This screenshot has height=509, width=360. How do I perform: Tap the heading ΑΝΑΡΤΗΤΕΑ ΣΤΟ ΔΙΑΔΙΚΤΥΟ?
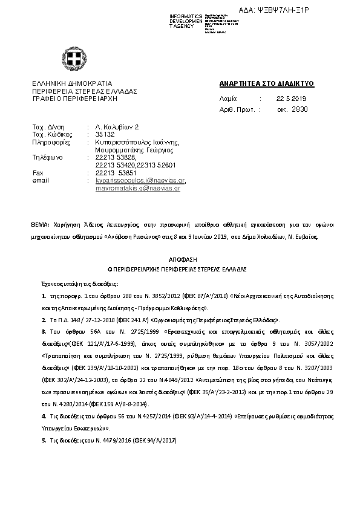click(x=266, y=83)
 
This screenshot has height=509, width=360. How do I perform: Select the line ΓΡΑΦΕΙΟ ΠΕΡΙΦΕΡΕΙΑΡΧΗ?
click(x=74, y=98)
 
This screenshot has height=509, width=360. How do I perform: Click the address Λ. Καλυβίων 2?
click(x=117, y=127)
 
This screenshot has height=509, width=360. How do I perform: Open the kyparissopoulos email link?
click(x=140, y=181)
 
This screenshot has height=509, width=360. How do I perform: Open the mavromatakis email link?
click(x=137, y=189)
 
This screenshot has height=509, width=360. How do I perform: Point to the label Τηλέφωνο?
click(x=47, y=158)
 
